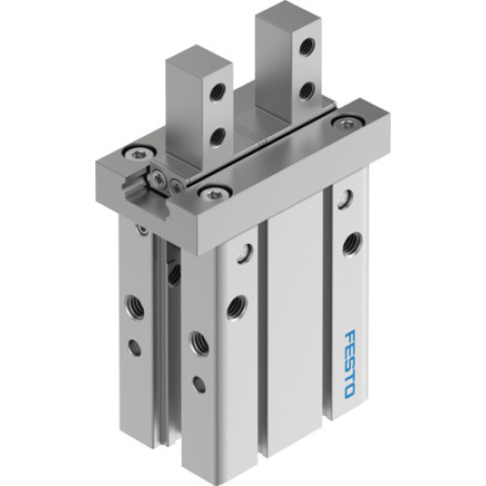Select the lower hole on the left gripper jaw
216,137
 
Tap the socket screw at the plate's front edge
208,192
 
